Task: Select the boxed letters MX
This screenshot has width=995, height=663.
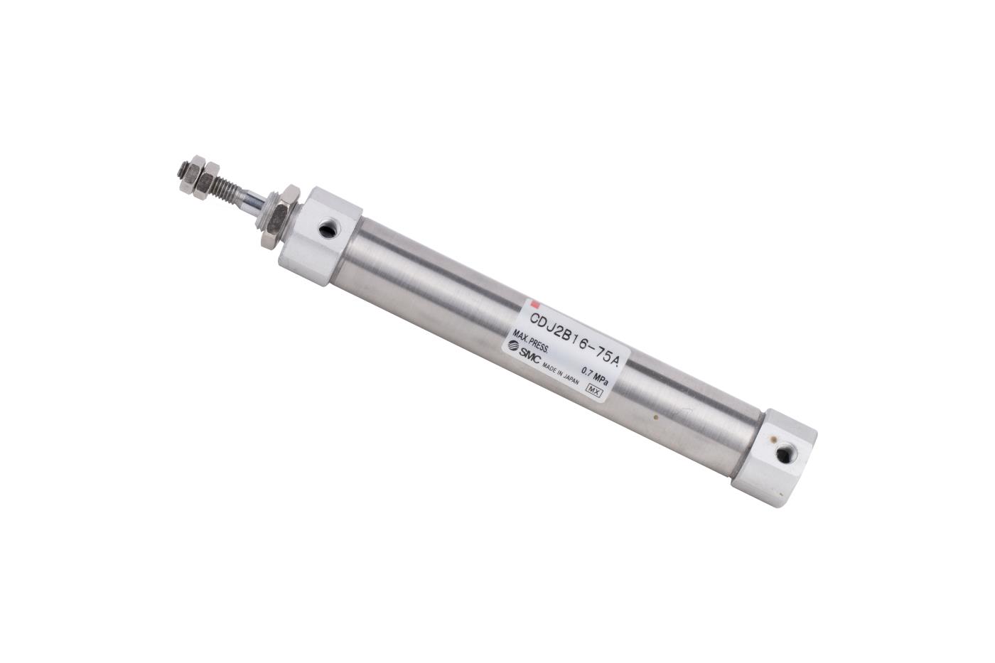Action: (591, 389)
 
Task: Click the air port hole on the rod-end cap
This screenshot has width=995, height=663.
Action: (328, 230)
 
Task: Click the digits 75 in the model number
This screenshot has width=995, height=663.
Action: (598, 352)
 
